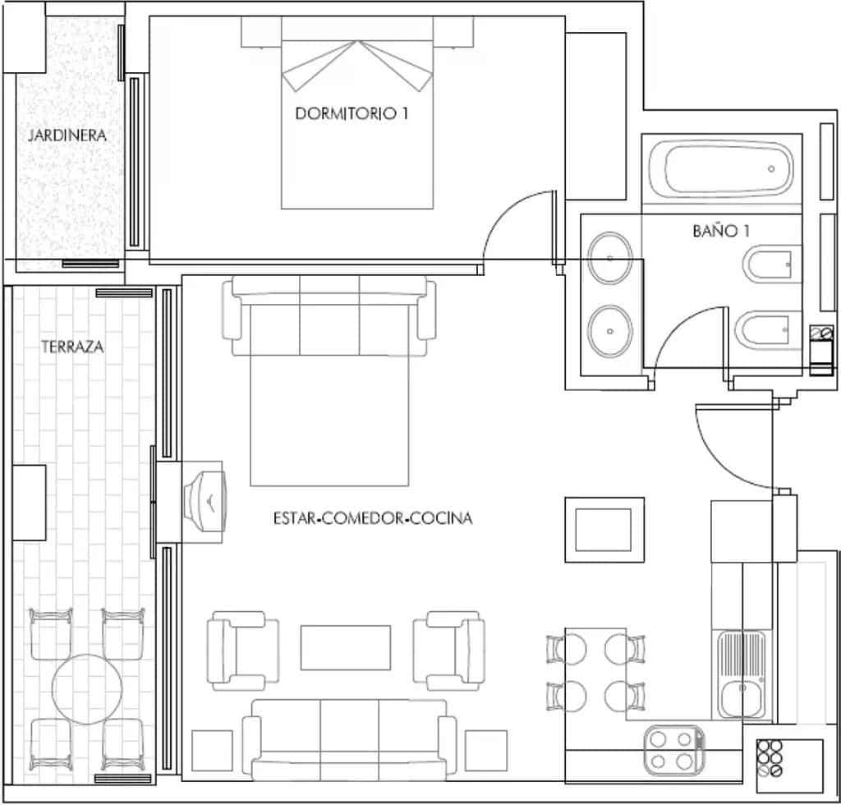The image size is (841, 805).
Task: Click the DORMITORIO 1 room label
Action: (x=351, y=114)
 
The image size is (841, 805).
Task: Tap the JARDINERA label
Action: (x=67, y=136)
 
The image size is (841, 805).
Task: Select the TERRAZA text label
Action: (x=72, y=347)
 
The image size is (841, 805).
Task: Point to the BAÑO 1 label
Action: (x=721, y=232)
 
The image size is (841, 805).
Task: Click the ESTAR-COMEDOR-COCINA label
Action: (x=373, y=518)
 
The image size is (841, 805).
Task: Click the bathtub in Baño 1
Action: (x=723, y=169)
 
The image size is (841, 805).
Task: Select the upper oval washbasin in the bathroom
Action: (x=610, y=258)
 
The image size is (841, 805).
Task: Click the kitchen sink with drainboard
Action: (x=742, y=675)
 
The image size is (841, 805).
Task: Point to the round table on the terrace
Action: (x=87, y=681)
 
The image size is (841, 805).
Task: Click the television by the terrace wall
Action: (x=205, y=499)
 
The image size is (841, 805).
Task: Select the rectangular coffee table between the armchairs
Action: (x=345, y=647)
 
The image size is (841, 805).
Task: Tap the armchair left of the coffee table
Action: (x=242, y=650)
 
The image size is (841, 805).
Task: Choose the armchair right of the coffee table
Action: (x=448, y=650)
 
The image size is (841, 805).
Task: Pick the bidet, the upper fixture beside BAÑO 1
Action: (x=769, y=266)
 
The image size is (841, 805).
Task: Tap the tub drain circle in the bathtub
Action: (x=770, y=169)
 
